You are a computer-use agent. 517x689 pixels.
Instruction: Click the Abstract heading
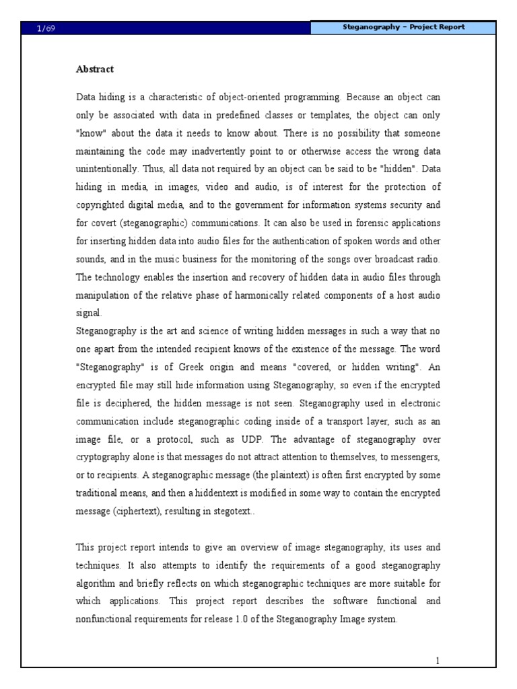[94, 69]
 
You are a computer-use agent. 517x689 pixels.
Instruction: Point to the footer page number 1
[437, 661]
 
